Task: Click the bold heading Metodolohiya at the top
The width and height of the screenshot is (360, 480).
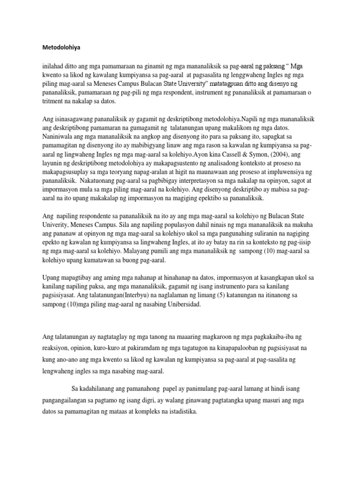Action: [61, 47]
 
